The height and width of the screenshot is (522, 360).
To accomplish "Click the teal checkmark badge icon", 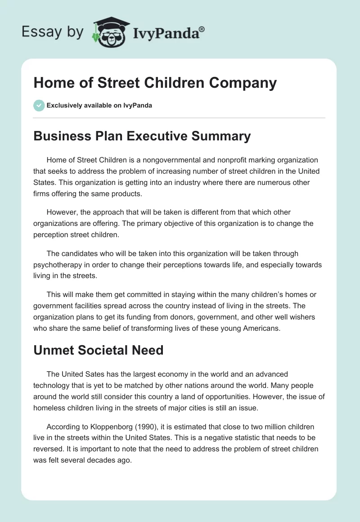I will pyautogui.click(x=39, y=105).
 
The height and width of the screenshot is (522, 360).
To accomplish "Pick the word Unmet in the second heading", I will pyautogui.click(x=52, y=350).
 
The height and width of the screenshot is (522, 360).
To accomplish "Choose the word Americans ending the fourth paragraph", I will pyautogui.click(x=258, y=328).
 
